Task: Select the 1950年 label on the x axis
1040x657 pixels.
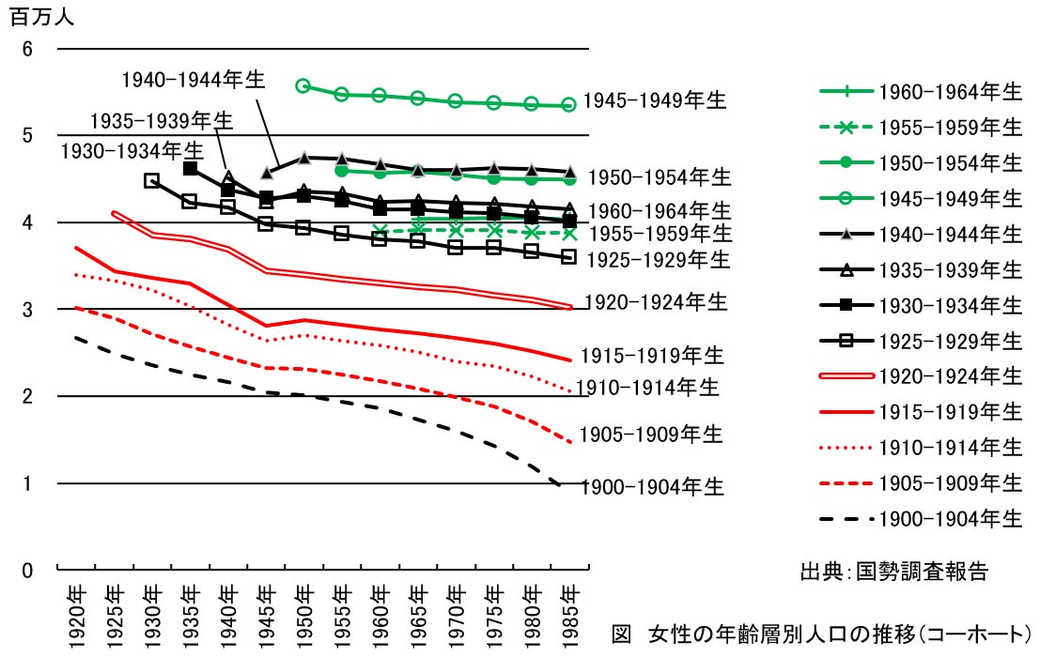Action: coord(303,612)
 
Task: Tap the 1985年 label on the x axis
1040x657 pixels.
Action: coord(568,612)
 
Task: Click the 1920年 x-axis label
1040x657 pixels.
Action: coord(76,612)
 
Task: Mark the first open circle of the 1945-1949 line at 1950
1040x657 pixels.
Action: coord(303,85)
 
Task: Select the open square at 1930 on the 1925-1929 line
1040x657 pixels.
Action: coord(152,180)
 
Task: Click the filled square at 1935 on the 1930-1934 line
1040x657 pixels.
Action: coord(190,169)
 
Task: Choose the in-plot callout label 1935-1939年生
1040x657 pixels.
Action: coord(162,121)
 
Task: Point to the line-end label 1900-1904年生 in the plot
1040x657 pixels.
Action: coord(652,487)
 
